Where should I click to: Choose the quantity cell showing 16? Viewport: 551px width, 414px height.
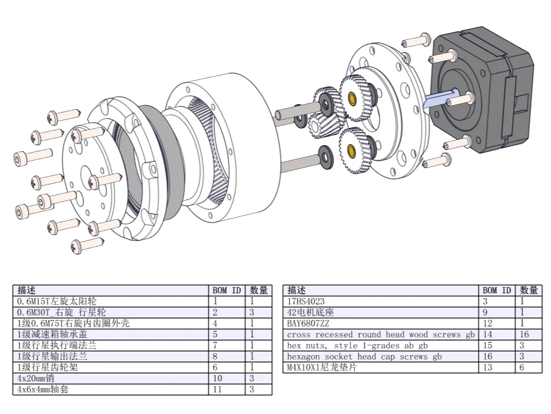[528, 335]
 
